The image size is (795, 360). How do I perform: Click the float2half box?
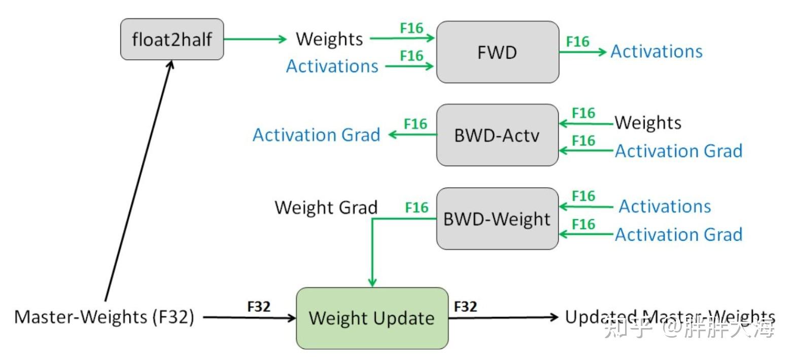click(172, 39)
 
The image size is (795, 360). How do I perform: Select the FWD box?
click(498, 52)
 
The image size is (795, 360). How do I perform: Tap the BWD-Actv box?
click(497, 135)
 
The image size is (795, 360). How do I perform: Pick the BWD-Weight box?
click(497, 219)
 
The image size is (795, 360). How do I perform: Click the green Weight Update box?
click(372, 318)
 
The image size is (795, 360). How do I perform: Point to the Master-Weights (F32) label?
click(105, 317)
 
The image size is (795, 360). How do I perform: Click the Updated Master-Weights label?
click(670, 317)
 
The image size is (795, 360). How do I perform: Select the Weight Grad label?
click(326, 207)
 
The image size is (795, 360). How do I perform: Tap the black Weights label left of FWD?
click(329, 39)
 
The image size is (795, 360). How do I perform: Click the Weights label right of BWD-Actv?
click(648, 123)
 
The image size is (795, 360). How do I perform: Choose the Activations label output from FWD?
click(656, 51)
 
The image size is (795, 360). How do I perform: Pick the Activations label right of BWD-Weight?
click(665, 206)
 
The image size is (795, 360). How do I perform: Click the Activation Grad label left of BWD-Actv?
click(316, 135)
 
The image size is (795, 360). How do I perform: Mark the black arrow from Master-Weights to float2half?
click(139, 181)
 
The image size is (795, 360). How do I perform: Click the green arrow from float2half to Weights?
click(255, 39)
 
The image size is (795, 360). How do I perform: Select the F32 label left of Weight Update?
click(259, 306)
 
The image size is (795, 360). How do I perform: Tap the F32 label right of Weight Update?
click(466, 306)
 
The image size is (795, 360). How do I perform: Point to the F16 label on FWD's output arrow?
click(577, 42)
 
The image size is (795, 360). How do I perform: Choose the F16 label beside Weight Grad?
click(417, 207)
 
